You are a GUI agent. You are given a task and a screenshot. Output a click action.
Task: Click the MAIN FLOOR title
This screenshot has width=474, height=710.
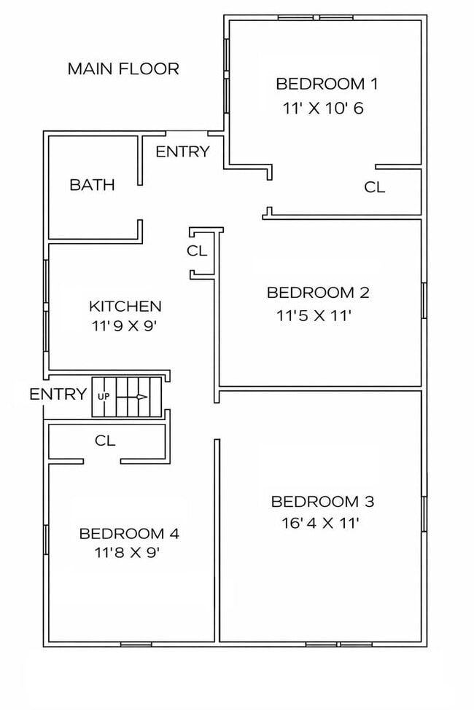point(123,69)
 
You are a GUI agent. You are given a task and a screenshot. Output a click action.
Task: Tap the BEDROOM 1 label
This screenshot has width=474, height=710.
point(327,84)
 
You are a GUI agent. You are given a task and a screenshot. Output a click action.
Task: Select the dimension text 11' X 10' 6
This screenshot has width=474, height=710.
point(323,109)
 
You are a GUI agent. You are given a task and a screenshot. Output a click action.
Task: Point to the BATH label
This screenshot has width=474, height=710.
point(92,185)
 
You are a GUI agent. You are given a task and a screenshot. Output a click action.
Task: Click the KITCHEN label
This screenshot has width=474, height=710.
point(125,306)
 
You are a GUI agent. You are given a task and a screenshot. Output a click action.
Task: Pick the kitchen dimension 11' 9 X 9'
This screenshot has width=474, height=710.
point(124,326)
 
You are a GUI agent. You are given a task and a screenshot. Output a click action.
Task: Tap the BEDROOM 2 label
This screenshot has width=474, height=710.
point(318,293)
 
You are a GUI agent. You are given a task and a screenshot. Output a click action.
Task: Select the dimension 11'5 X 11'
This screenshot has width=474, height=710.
point(314,315)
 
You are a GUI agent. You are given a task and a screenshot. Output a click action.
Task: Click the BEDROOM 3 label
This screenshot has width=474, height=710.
point(322,502)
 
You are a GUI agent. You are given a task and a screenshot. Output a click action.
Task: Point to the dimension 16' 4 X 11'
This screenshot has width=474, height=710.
point(321,524)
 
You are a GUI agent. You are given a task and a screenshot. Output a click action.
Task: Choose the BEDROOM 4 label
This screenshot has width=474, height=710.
point(129,533)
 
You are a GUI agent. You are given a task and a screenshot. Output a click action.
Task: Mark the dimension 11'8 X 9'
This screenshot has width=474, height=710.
point(128,553)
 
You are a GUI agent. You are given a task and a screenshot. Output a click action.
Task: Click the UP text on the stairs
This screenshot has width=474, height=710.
point(104,397)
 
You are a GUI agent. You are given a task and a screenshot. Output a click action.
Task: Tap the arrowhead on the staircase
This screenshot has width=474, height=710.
point(142,397)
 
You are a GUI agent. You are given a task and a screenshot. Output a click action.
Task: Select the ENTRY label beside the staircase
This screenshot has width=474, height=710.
point(58,395)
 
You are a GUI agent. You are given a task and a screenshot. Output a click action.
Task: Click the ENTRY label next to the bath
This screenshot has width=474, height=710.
point(183,151)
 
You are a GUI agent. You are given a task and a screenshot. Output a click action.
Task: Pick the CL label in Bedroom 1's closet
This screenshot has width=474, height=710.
point(375,187)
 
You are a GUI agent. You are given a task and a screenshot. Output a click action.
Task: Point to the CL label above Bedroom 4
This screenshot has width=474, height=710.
point(105,441)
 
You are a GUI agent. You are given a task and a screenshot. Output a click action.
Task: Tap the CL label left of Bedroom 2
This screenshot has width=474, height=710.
point(197,251)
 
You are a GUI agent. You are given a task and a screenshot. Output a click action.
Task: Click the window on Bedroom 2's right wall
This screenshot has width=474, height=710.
point(424,300)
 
